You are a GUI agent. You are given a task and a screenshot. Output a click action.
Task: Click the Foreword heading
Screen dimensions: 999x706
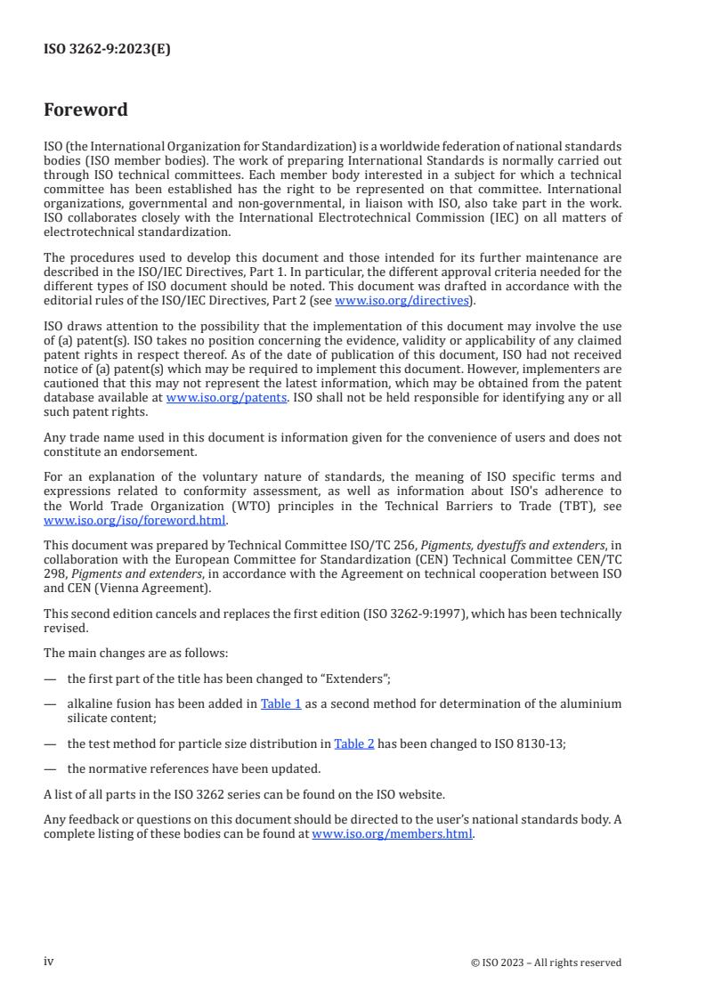[85, 110]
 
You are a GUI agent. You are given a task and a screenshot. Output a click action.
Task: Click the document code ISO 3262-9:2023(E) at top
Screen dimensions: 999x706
[107, 50]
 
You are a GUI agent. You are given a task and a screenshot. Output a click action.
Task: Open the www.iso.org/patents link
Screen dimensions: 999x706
[226, 397]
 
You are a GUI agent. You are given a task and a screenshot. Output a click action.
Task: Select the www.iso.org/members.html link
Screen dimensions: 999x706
[392, 834]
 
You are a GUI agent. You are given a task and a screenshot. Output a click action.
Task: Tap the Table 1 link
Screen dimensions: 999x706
[280, 703]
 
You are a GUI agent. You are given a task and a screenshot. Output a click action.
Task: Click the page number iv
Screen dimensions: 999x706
[49, 962]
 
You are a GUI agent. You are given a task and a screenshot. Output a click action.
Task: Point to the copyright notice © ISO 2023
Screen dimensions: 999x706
[546, 962]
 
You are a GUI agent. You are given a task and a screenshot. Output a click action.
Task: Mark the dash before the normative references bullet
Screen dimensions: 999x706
[49, 768]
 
